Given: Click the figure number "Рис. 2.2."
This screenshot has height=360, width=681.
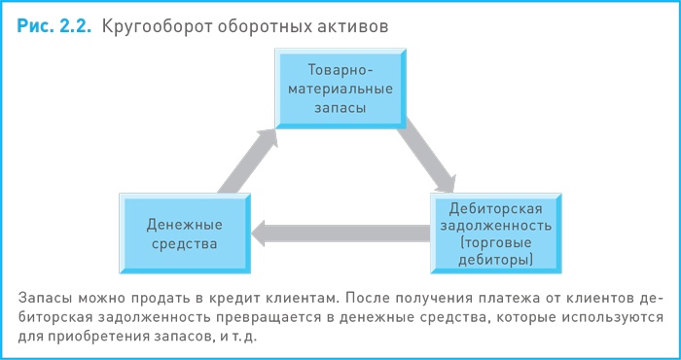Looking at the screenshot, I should [x=54, y=26].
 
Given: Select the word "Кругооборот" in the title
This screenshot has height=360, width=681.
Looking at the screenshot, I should [x=155, y=26].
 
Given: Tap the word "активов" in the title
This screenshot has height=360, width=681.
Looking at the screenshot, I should [x=354, y=26].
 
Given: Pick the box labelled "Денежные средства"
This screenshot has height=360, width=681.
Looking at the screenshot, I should [x=182, y=231].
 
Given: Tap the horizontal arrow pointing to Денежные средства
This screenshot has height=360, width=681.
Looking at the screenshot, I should [x=340, y=232].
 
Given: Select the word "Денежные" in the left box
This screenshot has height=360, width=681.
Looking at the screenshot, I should [x=182, y=222].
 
